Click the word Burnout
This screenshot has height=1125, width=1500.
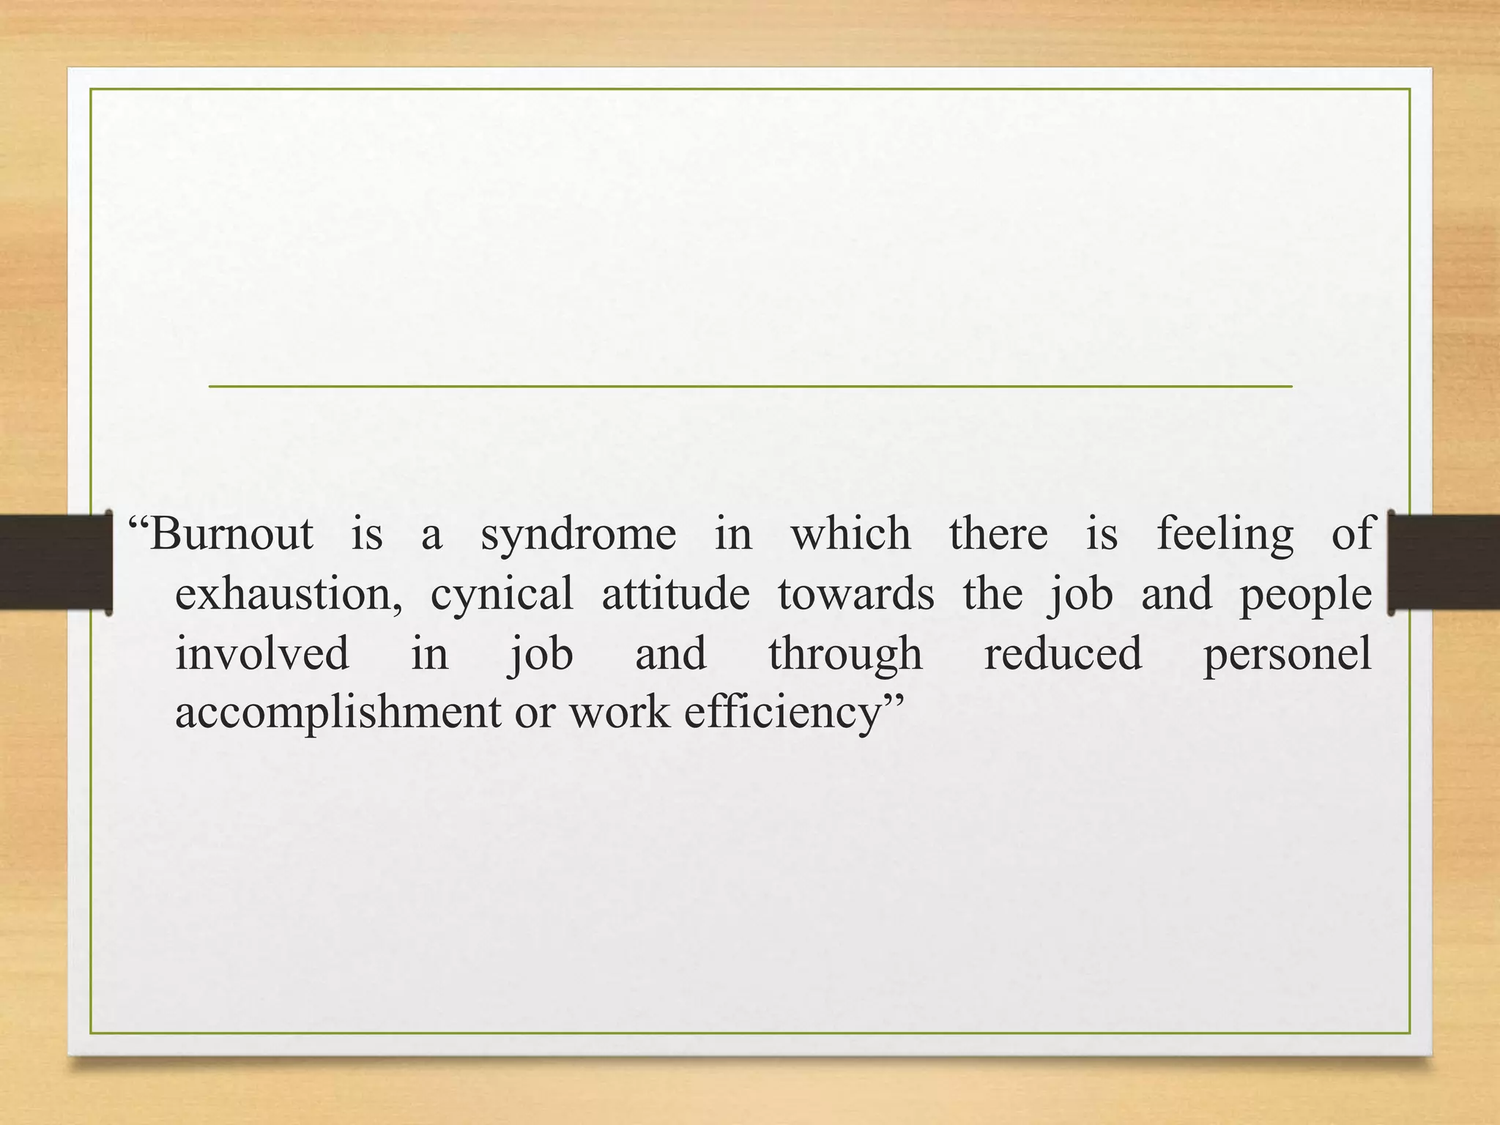click(231, 533)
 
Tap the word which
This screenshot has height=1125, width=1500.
click(850, 533)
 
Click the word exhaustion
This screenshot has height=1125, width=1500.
click(288, 593)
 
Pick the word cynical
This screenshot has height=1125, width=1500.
click(502, 595)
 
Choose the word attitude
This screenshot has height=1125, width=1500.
click(675, 593)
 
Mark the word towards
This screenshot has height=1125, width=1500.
click(855, 593)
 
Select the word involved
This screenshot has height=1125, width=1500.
click(261, 653)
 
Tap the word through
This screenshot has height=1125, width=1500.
click(844, 654)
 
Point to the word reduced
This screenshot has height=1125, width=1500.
click(1062, 653)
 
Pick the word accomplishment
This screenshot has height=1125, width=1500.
click(338, 713)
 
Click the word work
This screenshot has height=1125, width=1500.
click(619, 711)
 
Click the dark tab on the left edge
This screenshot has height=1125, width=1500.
click(55, 562)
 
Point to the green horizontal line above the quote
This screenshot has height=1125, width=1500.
click(750, 386)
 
